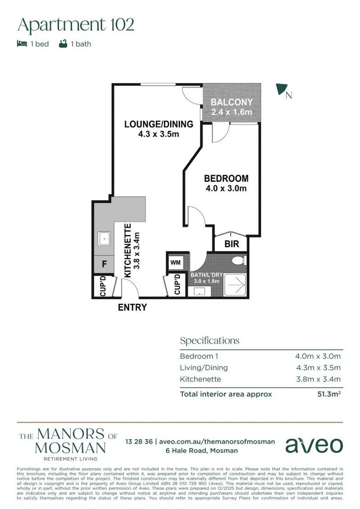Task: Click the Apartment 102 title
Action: [76, 25]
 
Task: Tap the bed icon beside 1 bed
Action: [22, 44]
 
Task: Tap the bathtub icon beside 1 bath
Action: [63, 44]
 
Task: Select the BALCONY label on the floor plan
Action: [231, 102]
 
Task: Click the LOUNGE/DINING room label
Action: [158, 124]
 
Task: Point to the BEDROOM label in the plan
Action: [226, 179]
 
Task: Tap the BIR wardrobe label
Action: [231, 245]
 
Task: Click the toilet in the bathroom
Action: [239, 260]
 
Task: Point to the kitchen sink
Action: [104, 239]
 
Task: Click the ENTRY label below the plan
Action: [132, 308]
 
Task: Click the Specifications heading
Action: [209, 341]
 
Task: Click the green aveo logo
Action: [314, 444]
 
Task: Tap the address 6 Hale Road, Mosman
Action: [201, 451]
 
